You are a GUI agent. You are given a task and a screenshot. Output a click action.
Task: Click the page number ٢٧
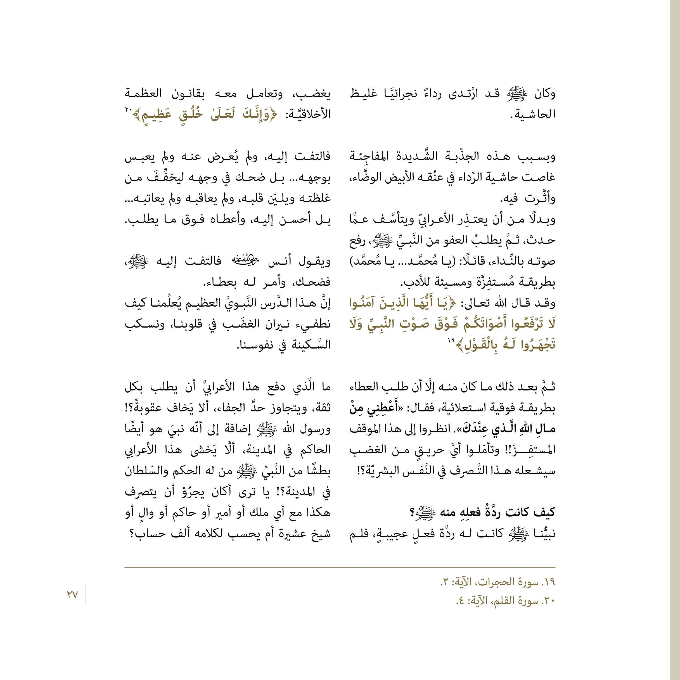pos(72,594)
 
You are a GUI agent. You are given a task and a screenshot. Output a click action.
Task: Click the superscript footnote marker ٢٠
pos(128,110)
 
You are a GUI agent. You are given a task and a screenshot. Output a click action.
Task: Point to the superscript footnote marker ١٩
pos(451,340)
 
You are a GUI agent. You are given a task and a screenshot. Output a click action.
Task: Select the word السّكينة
pos(311,345)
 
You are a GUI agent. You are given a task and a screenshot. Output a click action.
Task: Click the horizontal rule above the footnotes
pos(340,568)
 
